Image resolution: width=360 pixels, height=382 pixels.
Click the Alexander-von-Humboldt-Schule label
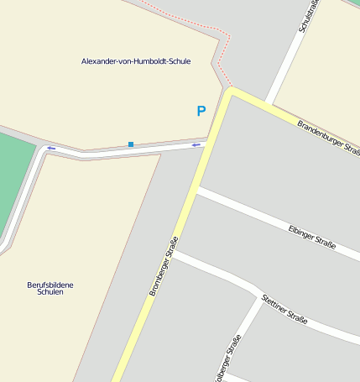click(136, 61)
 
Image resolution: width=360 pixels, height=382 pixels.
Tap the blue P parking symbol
click(201, 111)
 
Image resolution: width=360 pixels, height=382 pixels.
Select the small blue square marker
click(131, 144)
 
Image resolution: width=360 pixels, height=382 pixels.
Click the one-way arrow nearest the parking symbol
click(196, 145)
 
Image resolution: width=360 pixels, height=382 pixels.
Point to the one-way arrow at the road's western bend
click(50, 149)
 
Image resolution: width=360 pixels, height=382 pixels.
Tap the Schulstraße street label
click(309, 17)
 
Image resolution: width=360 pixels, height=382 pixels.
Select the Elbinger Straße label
click(311, 238)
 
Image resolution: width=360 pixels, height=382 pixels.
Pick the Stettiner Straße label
click(284, 308)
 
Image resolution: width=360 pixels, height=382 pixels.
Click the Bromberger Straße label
click(164, 266)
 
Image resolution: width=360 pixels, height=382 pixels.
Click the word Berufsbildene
click(50, 285)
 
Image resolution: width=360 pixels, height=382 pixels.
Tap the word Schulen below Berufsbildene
click(50, 292)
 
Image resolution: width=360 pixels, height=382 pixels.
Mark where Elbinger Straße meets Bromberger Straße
click(196, 191)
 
